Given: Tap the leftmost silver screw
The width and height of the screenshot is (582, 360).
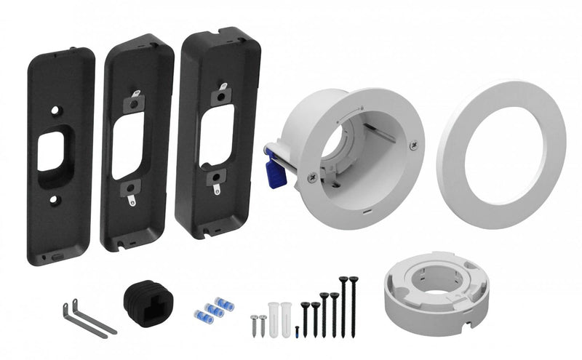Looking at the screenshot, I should coord(255,324).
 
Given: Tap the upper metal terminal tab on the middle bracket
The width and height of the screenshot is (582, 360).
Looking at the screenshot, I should coord(136,95).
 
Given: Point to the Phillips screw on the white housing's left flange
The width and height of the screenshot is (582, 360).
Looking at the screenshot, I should coord(312,175).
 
